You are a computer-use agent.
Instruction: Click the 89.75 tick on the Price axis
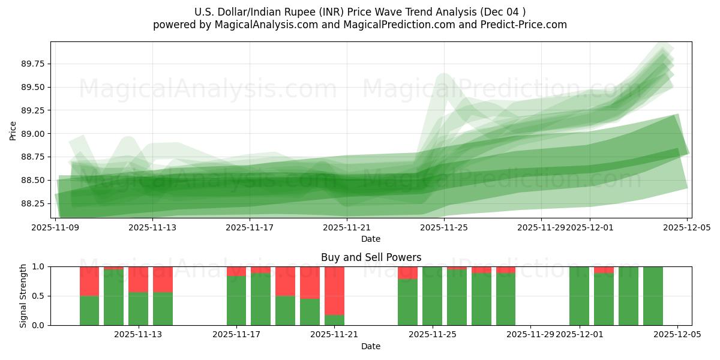point(34,64)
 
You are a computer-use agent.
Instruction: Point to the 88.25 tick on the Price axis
point(34,203)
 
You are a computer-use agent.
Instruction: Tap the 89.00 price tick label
point(34,134)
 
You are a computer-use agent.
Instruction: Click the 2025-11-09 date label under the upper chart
point(55,227)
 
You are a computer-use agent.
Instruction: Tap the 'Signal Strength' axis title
point(24,296)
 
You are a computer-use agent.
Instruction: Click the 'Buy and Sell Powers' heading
point(371,257)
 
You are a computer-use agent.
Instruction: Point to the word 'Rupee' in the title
point(319,12)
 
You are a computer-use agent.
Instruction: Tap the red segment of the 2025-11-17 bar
point(236,271)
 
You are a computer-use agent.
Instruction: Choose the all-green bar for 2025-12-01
point(579,296)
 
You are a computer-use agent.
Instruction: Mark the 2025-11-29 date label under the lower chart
point(530,335)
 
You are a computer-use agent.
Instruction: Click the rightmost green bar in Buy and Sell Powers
point(653,296)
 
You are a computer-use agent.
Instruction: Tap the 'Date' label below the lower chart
point(371,346)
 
